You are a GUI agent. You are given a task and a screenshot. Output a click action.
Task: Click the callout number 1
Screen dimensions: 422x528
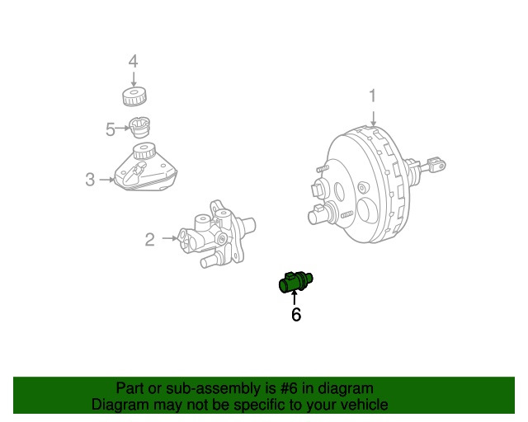pyautogui.click(x=372, y=96)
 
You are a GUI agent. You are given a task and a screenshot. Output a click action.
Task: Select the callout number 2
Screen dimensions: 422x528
pyautogui.click(x=149, y=239)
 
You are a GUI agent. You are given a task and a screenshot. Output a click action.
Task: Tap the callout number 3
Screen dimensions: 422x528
pyautogui.click(x=90, y=179)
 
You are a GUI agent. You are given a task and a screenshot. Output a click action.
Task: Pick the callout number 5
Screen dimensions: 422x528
pyautogui.click(x=111, y=129)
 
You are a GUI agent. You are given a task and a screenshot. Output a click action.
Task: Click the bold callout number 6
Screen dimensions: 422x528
pyautogui.click(x=296, y=314)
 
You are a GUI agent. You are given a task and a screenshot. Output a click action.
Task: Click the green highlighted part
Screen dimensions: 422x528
pyautogui.click(x=296, y=283)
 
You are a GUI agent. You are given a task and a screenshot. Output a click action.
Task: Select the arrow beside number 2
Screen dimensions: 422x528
pyautogui.click(x=168, y=239)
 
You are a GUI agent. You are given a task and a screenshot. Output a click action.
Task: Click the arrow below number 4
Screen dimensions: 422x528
pyautogui.click(x=132, y=77)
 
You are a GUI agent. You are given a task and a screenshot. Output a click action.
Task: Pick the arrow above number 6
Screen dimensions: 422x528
pyautogui.click(x=295, y=298)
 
